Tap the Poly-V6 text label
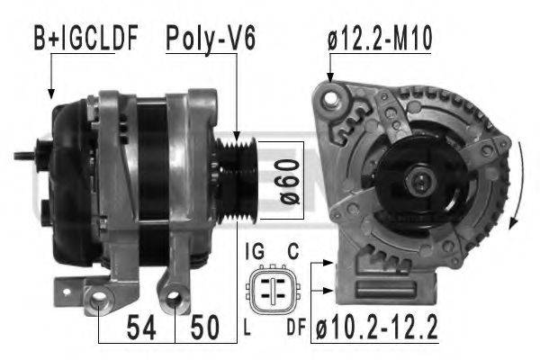(x=211, y=39)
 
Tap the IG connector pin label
(x=253, y=252)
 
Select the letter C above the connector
(x=293, y=252)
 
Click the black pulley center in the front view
(x=421, y=179)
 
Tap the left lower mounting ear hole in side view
(x=101, y=303)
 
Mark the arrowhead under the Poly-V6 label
(x=237, y=132)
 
